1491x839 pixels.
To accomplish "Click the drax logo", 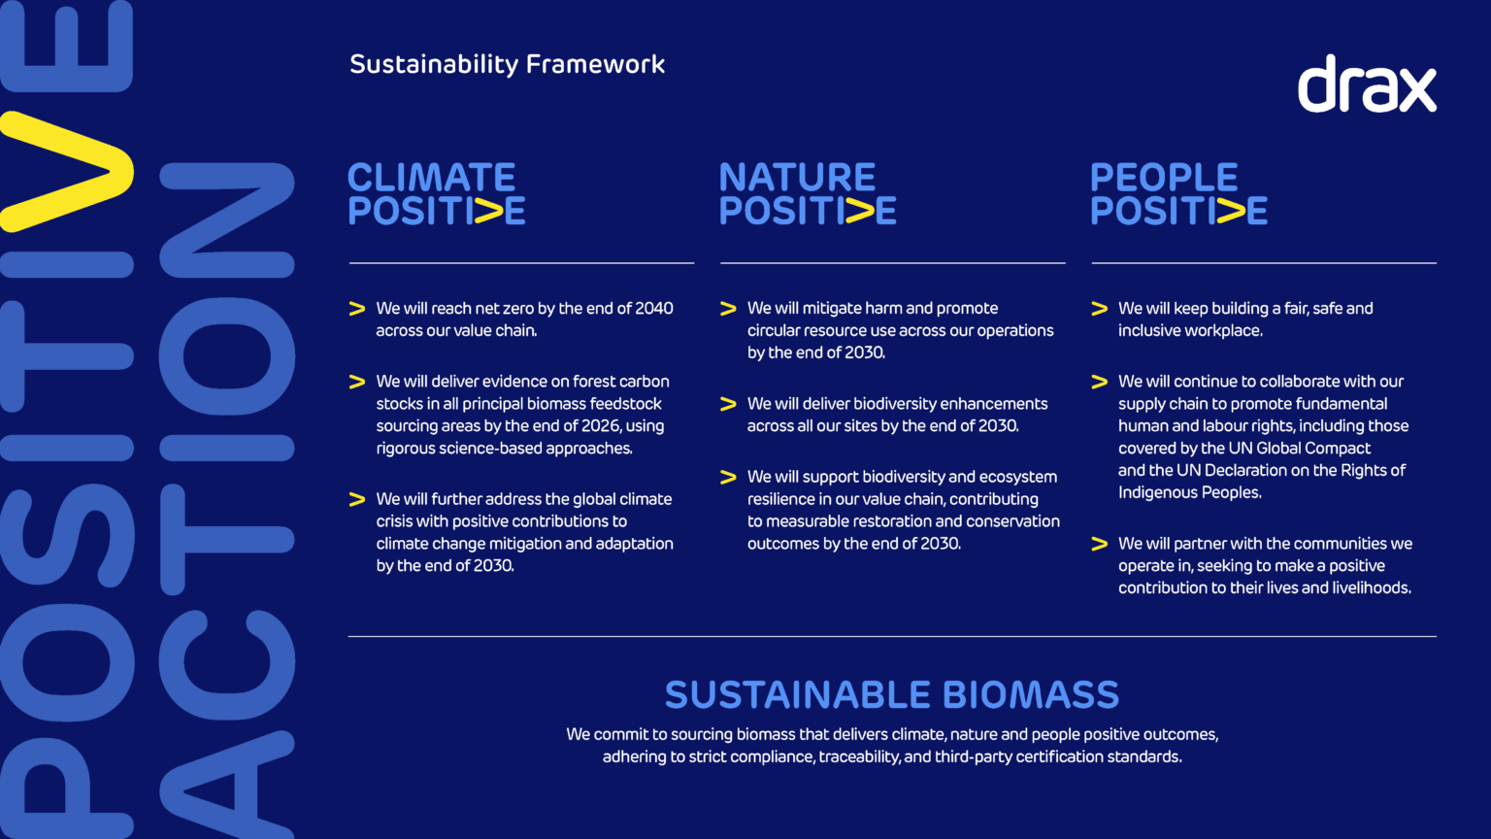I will pyautogui.click(x=1367, y=84).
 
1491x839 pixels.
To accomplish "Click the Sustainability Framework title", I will pyautogui.click(x=507, y=64).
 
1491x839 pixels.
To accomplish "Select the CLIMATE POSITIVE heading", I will pyautogui.click(x=436, y=193).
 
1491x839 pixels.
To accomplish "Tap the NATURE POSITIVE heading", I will pyautogui.click(x=807, y=193).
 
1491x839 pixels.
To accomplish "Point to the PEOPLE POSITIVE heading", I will pyautogui.click(x=1177, y=193).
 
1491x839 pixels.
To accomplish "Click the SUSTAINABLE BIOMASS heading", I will pyautogui.click(x=891, y=695).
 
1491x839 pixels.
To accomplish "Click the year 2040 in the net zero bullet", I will pyautogui.click(x=653, y=309).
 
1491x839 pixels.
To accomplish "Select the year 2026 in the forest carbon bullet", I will pyautogui.click(x=601, y=426).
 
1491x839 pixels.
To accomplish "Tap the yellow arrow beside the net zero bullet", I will pyautogui.click(x=357, y=309).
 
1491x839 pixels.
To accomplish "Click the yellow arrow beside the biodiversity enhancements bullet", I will pyautogui.click(x=728, y=404).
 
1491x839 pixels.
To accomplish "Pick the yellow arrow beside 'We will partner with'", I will pyautogui.click(x=1099, y=544).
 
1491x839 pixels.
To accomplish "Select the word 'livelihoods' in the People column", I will pyautogui.click(x=1369, y=587).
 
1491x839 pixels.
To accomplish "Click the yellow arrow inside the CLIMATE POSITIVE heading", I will pyautogui.click(x=488, y=211).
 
